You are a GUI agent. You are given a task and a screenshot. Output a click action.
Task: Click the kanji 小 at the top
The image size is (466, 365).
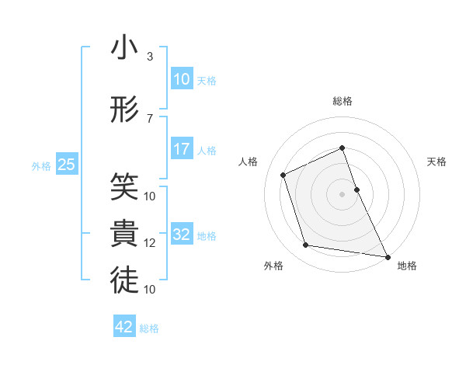click(124, 48)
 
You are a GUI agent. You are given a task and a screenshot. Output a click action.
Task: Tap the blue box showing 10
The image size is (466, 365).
click(182, 79)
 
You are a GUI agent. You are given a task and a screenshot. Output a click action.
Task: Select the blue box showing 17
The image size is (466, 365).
click(182, 149)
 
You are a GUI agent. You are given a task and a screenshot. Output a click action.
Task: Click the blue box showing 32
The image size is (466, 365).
click(182, 235)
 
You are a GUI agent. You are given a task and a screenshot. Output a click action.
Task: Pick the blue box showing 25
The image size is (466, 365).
click(66, 165)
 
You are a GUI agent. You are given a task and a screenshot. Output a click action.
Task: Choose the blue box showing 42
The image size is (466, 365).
click(124, 327)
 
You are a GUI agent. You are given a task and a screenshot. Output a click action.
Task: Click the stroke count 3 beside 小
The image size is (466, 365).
click(149, 57)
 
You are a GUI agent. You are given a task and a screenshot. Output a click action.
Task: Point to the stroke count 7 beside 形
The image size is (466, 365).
click(149, 119)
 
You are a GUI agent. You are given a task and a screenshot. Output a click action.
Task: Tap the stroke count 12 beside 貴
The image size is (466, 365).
click(150, 243)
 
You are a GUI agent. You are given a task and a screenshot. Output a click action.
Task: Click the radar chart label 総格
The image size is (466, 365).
click(343, 101)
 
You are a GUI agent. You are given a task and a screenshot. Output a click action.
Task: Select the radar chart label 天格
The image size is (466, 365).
click(436, 162)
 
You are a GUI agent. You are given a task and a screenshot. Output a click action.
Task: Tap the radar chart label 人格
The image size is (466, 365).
click(249, 162)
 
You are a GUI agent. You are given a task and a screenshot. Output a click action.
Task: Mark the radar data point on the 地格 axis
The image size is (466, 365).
click(387, 255)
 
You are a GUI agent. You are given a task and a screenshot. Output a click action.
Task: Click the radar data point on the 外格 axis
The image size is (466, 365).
click(306, 245)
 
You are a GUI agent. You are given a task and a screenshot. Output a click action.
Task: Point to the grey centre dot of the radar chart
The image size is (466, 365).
click(343, 194)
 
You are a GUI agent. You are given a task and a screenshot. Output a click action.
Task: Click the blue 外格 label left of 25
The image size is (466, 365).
click(41, 165)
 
